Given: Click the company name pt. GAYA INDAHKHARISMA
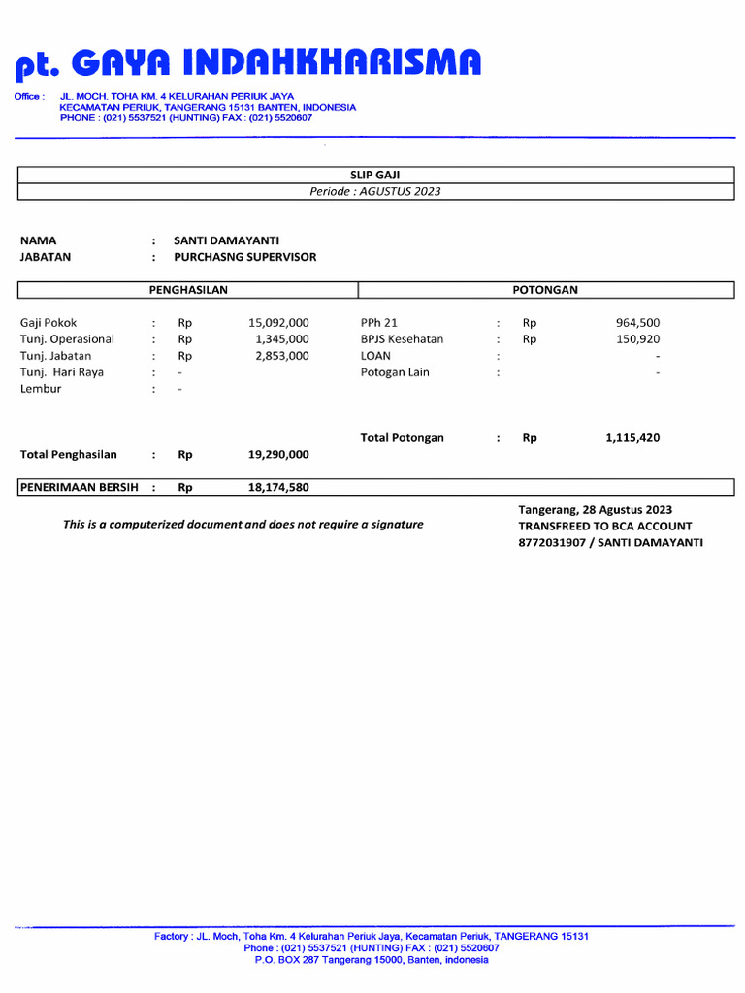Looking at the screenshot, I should coord(247,64).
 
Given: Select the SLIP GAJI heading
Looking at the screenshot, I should coord(374,175).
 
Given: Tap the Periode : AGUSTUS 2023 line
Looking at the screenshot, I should coord(374,191).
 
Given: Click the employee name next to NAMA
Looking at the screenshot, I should coord(227,240).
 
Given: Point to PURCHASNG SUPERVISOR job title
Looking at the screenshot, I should coord(244,257).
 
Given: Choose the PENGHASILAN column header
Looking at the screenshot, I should coord(187,289).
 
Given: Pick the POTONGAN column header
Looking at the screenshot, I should coord(545,289).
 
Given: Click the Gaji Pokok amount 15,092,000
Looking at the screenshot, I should coord(278,323).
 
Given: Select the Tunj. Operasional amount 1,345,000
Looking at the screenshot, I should coord(282,339).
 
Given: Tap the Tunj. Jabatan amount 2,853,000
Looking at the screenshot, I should coord(282,356).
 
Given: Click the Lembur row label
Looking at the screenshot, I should coord(41,389).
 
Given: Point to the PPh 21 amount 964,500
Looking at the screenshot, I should coord(637,323).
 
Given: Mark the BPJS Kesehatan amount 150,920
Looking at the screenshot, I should coord(637,339).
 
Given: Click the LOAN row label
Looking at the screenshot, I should coord(375,356).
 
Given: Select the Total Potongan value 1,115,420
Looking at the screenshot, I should coord(632,438).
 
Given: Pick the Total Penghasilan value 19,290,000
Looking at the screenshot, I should coord(278,454).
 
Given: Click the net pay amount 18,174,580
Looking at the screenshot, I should coord(278,487).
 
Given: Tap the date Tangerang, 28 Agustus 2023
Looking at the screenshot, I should coord(595,510).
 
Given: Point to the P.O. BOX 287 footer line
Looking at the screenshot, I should coord(372,960).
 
